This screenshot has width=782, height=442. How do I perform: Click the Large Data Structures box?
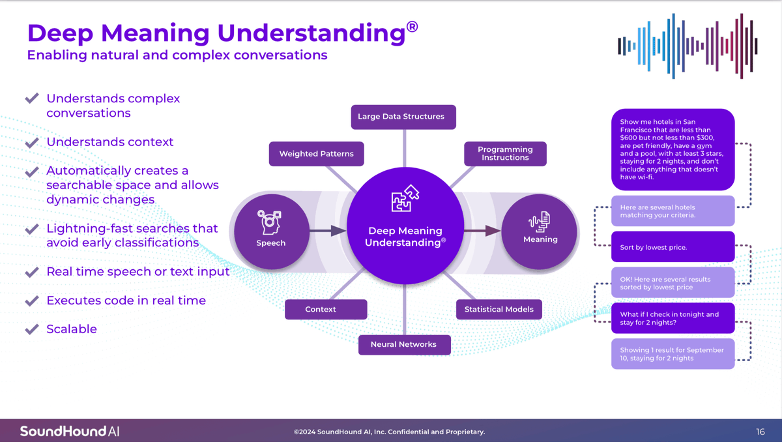(403, 117)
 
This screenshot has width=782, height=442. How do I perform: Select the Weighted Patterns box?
(316, 154)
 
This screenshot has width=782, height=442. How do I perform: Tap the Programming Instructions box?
(505, 154)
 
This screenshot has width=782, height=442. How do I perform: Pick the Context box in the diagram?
(326, 309)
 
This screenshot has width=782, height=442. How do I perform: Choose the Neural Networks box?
(404, 345)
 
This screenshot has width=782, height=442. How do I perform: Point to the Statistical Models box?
(499, 309)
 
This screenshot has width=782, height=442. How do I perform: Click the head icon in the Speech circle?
(269, 222)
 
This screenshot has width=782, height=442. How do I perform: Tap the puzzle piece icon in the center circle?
(405, 198)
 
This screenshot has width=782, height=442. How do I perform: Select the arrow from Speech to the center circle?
(328, 231)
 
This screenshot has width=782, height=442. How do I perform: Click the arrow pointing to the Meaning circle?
(482, 231)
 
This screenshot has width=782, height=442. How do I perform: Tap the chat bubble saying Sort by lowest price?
(673, 247)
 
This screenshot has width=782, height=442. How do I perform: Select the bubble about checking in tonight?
(673, 318)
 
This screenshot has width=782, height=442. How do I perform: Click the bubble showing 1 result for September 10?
(673, 354)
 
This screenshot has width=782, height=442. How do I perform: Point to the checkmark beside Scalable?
(32, 329)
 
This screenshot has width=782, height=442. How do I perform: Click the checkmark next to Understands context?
(32, 142)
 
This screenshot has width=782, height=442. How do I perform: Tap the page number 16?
(760, 432)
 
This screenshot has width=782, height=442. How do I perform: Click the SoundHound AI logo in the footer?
(70, 431)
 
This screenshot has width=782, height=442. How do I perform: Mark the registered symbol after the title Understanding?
(413, 27)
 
